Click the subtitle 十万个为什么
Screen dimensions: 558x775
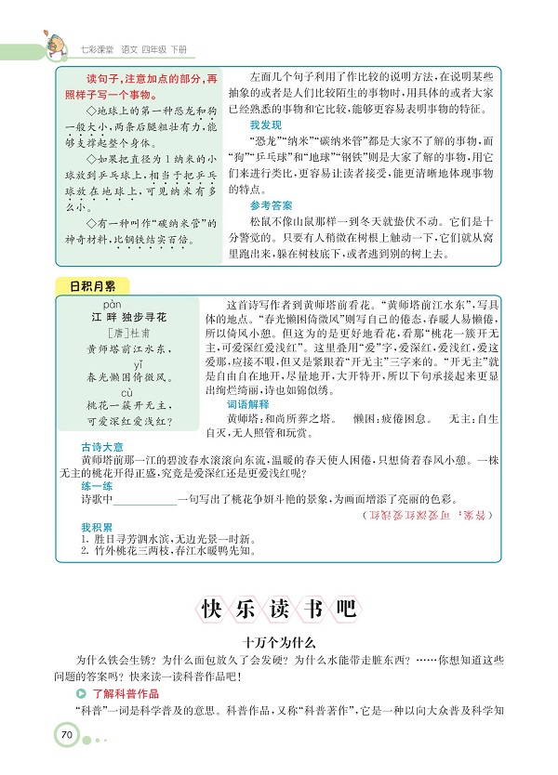click(279, 642)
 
